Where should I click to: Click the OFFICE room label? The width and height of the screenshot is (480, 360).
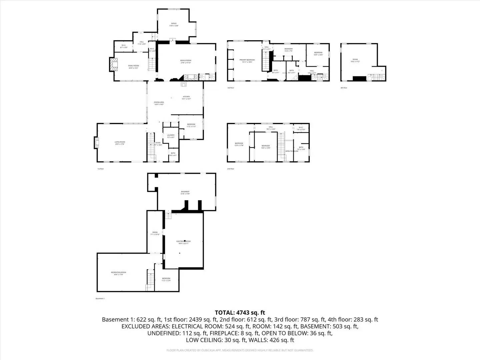coord(174,24)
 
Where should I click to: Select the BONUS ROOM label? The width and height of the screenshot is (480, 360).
coord(186,60)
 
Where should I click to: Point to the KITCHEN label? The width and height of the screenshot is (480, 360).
coord(186,97)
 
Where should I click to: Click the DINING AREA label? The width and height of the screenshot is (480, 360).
coord(159,102)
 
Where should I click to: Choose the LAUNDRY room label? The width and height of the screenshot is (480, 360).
coord(171,135)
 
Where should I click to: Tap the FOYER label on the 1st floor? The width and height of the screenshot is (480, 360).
coord(158,143)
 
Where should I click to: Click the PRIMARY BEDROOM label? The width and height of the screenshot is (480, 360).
coord(247,60)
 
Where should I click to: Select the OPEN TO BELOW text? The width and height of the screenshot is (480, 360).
coord(292,151)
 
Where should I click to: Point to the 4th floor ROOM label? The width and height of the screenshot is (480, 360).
coord(355,59)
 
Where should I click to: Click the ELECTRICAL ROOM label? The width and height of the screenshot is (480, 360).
coord(183,241)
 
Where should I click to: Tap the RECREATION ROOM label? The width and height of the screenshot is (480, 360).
coord(119,272)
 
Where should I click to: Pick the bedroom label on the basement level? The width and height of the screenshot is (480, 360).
coord(166,278)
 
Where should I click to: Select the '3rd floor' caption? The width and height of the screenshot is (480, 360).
coord(231,88)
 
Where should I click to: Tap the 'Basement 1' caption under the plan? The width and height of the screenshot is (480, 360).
coord(100,299)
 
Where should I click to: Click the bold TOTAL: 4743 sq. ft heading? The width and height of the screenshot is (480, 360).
coord(240,313)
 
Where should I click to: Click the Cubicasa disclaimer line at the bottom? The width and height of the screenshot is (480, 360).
coord(240,350)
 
